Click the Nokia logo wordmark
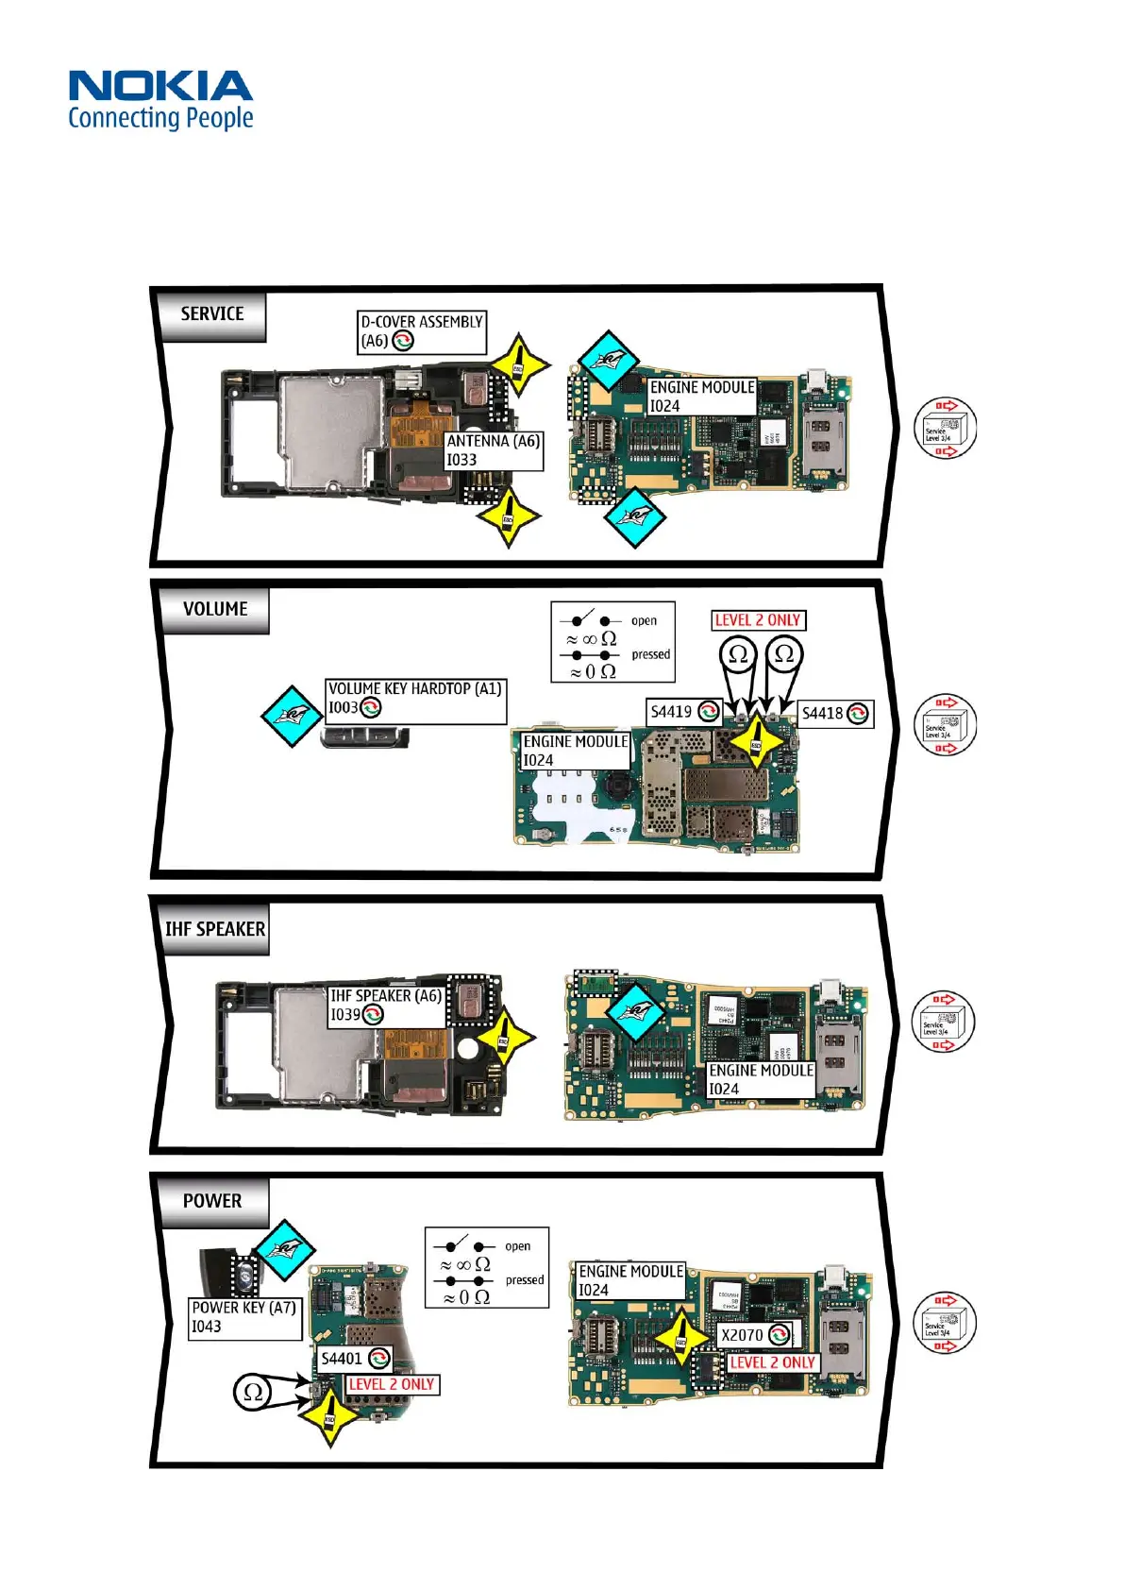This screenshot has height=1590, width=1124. (160, 86)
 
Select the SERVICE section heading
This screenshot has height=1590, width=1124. (212, 314)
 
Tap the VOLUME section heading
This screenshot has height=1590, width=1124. (215, 610)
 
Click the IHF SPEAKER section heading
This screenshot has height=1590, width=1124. (215, 929)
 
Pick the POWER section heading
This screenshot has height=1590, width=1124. (212, 1201)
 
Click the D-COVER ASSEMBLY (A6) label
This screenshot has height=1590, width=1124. (421, 331)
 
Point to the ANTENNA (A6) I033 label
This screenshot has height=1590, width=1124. (494, 450)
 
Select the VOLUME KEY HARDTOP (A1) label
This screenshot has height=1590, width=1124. (414, 699)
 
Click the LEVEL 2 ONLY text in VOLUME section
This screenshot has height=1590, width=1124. (758, 620)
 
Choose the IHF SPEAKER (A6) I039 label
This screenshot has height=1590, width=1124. (385, 1006)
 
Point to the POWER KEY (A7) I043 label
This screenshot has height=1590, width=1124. (243, 1317)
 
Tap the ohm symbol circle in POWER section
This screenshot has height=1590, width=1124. (253, 1392)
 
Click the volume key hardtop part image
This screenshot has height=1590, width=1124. (365, 736)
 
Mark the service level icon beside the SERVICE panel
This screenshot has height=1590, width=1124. (944, 429)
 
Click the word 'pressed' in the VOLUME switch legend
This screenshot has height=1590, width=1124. (650, 654)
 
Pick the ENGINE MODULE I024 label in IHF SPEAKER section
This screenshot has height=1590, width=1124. (760, 1079)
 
